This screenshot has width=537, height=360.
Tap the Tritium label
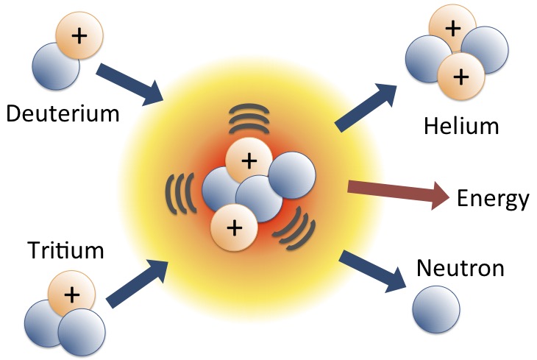(x=65, y=251)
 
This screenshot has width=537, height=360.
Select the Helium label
(x=461, y=126)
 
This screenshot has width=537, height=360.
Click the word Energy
(x=493, y=199)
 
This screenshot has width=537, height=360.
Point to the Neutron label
(x=460, y=267)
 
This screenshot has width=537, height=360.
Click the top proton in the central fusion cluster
(x=249, y=159)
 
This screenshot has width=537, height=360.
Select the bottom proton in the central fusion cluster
(x=234, y=227)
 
